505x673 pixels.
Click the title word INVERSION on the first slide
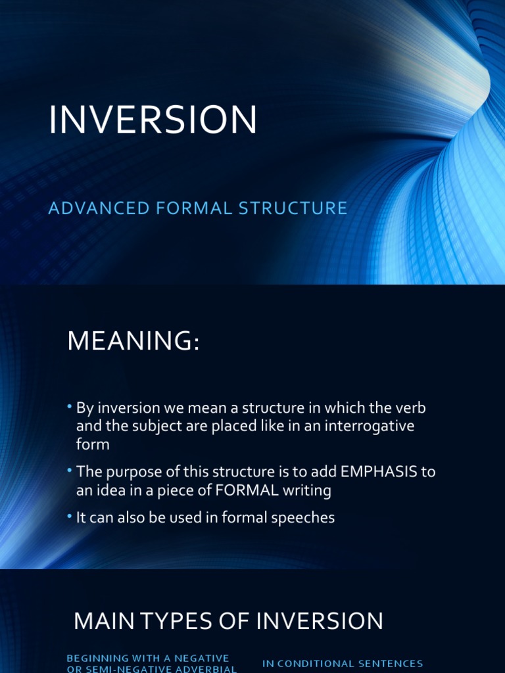click(x=153, y=120)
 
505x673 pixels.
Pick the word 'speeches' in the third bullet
click(x=306, y=518)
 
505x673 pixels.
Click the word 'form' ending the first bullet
click(x=92, y=444)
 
